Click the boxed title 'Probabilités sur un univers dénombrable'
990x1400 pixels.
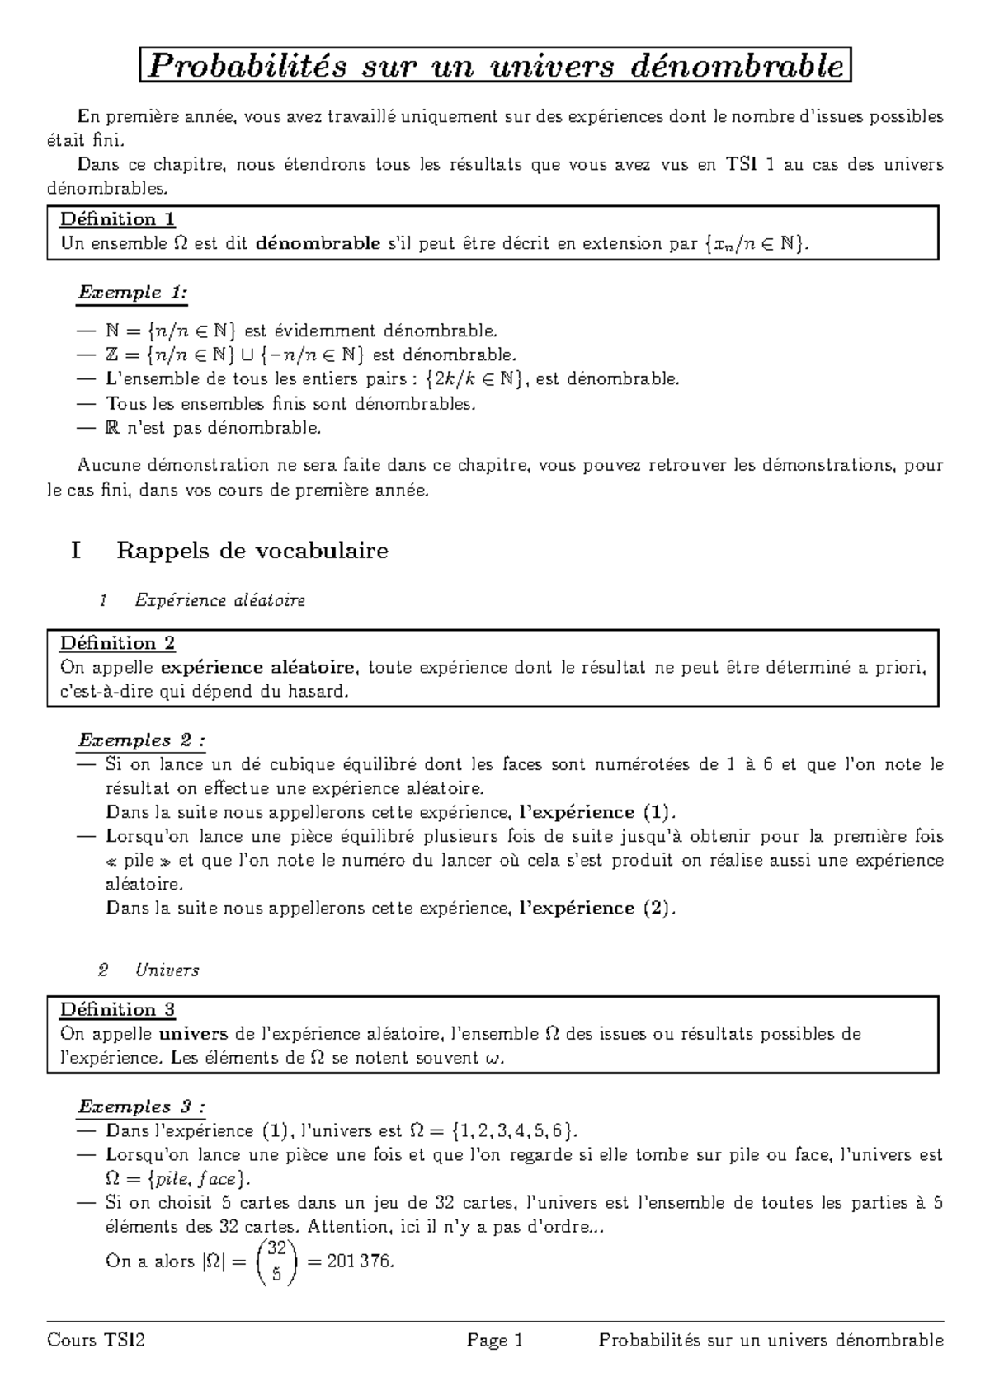(x=495, y=66)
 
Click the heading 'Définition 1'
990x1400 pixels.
(x=117, y=219)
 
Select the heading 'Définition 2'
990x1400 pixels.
(x=117, y=643)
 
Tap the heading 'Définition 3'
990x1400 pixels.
(x=117, y=1009)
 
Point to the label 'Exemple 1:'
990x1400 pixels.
(x=133, y=293)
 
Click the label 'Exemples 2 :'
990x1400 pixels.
(x=141, y=740)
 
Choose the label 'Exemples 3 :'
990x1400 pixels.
(x=141, y=1106)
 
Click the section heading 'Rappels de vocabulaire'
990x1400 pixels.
(x=252, y=550)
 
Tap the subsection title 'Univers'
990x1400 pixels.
(x=167, y=970)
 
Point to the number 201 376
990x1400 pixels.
(x=362, y=1261)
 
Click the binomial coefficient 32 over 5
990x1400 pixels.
(x=276, y=1261)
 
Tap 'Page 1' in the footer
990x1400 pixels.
(x=495, y=1341)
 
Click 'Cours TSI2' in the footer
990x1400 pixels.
(x=97, y=1341)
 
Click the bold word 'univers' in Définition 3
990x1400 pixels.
(x=193, y=1034)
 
